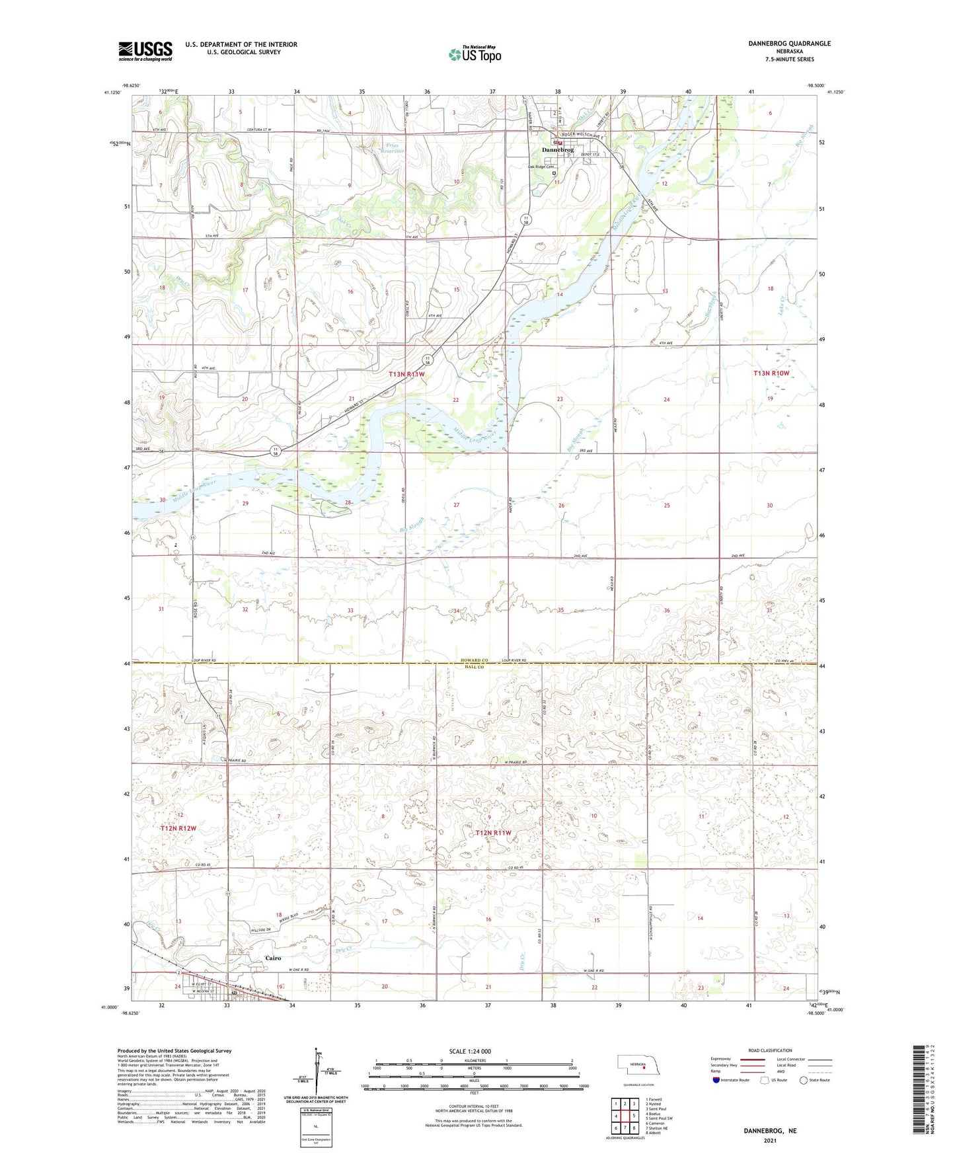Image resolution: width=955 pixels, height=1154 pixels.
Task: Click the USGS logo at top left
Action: [145, 50]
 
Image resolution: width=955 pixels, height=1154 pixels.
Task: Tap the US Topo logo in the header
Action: [474, 54]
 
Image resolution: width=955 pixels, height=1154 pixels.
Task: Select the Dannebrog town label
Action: [556, 150]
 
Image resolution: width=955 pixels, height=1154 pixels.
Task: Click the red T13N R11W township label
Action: [406, 374]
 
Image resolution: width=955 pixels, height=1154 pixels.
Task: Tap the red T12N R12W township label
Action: [178, 827]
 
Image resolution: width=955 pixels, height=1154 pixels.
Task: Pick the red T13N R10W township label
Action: [771, 373]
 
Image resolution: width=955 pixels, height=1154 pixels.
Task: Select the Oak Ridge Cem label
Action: [540, 167]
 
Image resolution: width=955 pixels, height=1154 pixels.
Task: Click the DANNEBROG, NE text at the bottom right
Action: [770, 1131]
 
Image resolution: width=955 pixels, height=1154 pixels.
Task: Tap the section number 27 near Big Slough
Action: [456, 505]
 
